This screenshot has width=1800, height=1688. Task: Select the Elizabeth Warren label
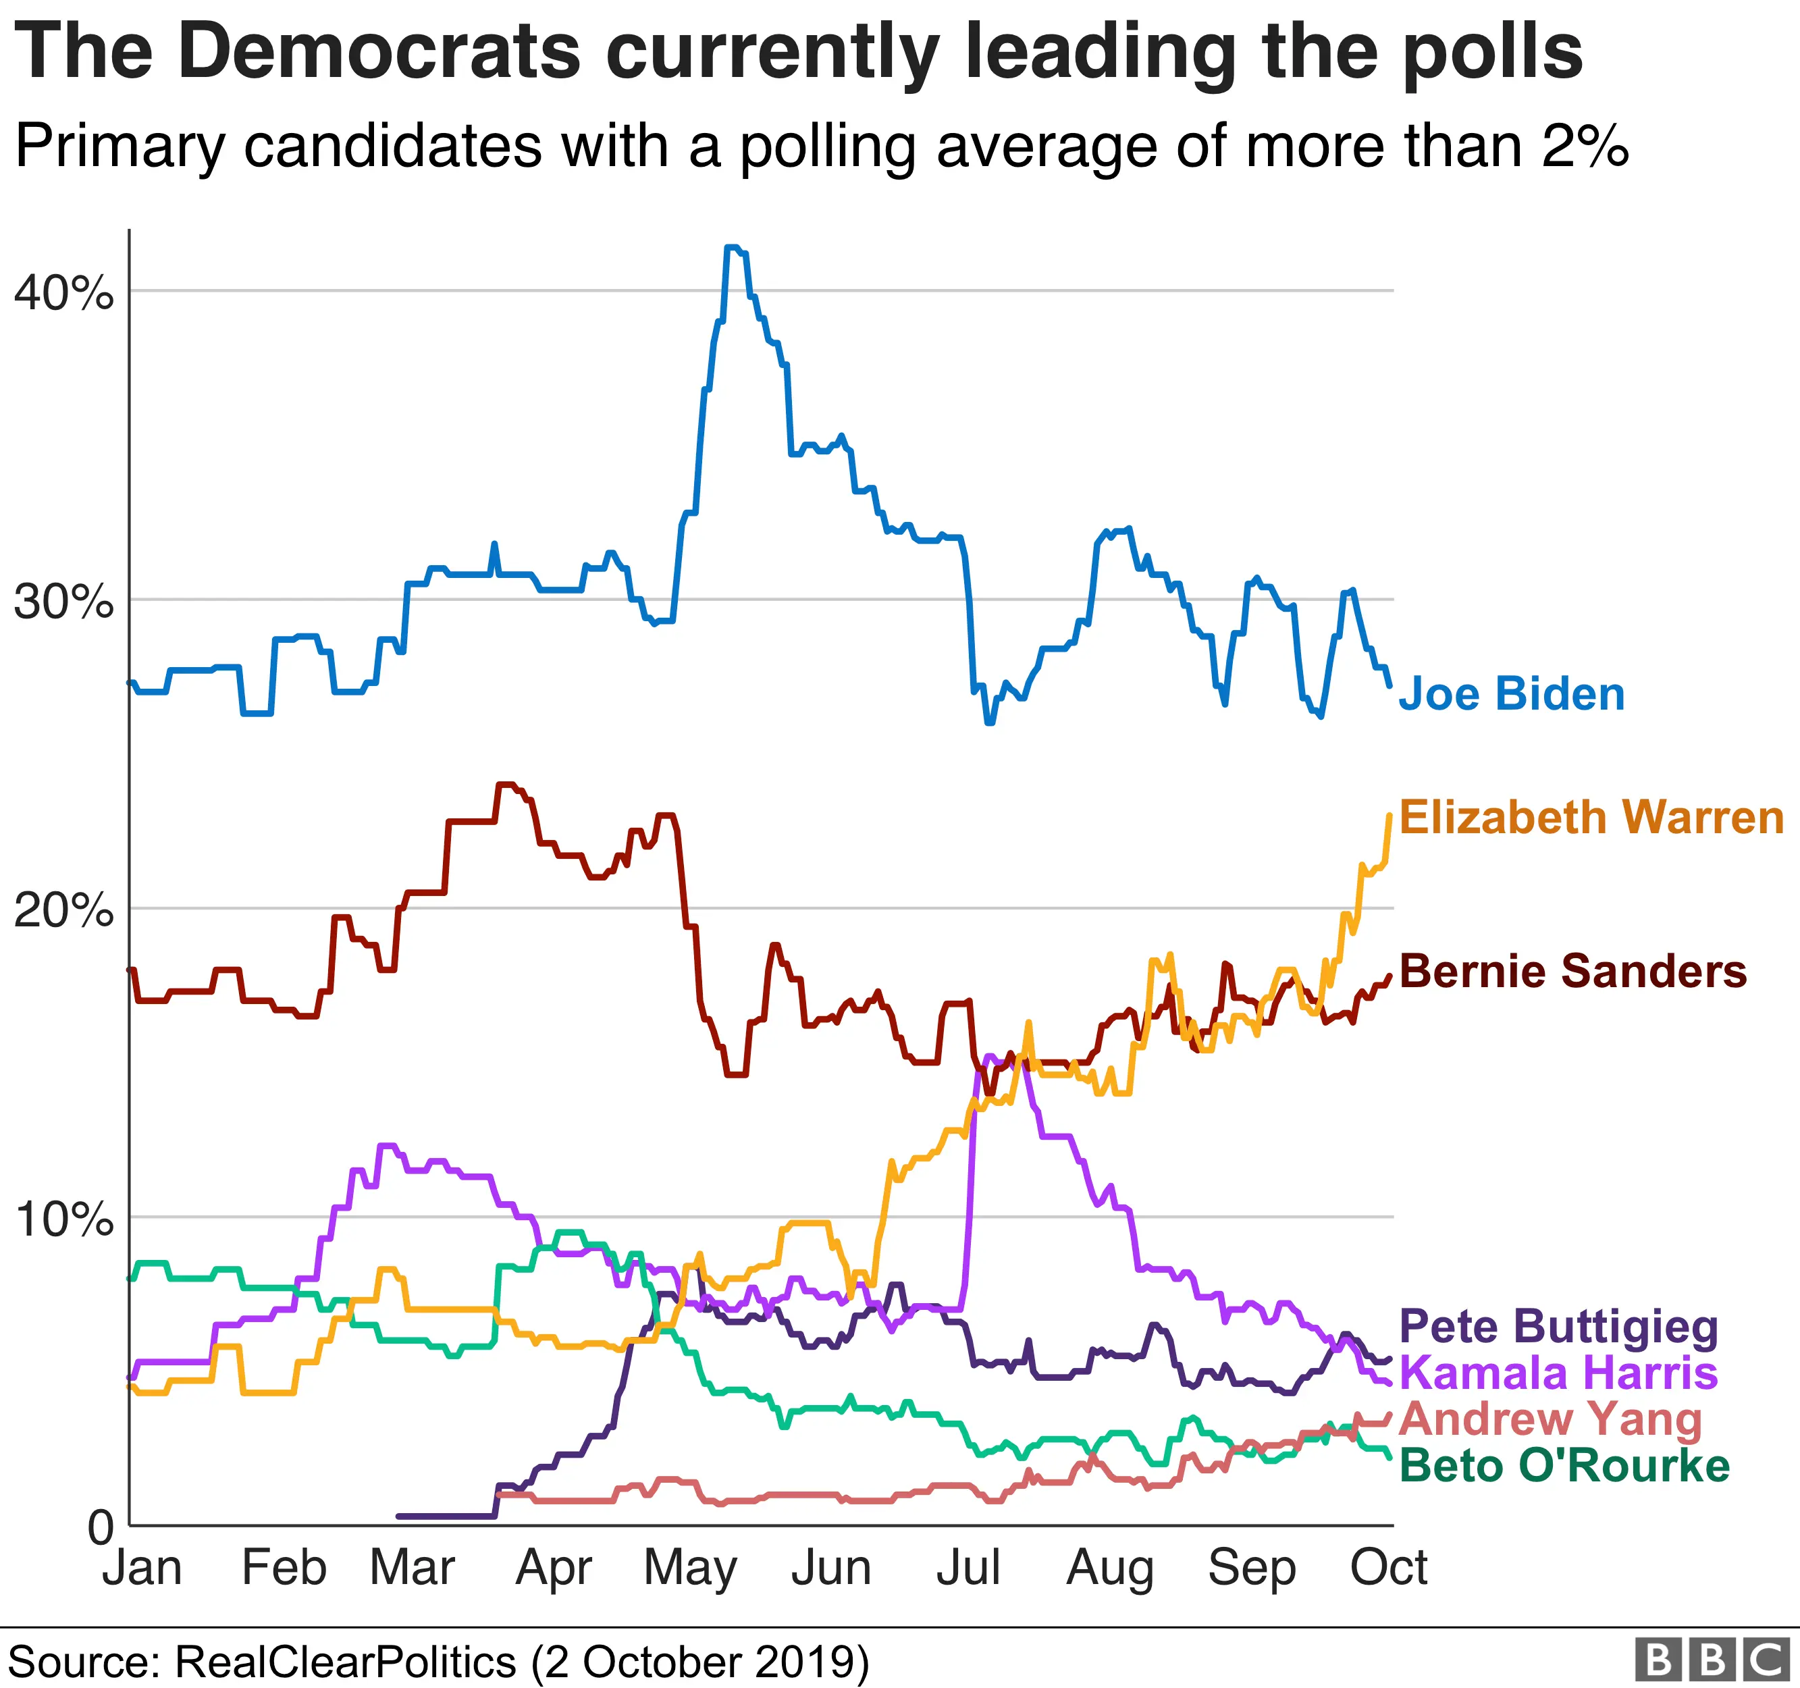(1591, 818)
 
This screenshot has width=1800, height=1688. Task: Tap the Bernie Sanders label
(1572, 972)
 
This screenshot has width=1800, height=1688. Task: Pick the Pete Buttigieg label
(1558, 1327)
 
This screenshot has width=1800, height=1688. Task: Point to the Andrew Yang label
(1550, 1419)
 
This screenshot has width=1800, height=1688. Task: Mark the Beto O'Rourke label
(1564, 1466)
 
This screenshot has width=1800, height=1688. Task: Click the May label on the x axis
(690, 1568)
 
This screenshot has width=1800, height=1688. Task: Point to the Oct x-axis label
(1388, 1568)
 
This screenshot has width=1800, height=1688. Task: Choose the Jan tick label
(142, 1568)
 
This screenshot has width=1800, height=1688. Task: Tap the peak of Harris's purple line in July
(988, 1056)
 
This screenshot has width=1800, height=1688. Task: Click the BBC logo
(1712, 1660)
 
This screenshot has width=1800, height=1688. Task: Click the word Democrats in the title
(379, 51)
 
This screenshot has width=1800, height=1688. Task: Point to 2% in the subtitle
(1585, 146)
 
